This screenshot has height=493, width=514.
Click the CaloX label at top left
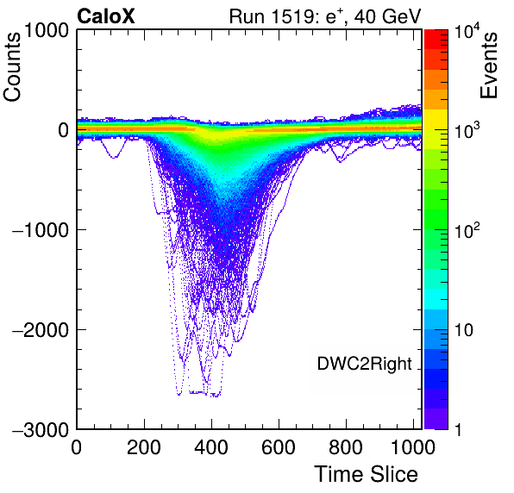click(105, 16)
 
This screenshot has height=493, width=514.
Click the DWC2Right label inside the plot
click(364, 365)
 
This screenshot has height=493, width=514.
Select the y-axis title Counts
click(12, 67)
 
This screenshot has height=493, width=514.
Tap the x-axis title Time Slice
click(366, 474)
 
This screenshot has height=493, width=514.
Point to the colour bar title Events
click(488, 65)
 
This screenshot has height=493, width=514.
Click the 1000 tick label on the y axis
click(46, 31)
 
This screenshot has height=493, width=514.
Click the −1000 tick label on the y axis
click(41, 230)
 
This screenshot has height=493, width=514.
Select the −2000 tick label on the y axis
click(41, 330)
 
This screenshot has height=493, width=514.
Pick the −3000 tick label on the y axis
click(41, 429)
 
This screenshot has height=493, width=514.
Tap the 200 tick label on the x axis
click(144, 447)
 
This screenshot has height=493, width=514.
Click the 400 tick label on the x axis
click(211, 447)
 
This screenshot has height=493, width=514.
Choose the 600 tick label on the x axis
click(279, 447)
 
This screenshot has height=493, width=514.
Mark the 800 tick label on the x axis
click(346, 447)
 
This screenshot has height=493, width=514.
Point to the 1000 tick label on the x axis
click(413, 447)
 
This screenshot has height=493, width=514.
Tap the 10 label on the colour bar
click(464, 330)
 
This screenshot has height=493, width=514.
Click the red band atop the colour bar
click(436, 40)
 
